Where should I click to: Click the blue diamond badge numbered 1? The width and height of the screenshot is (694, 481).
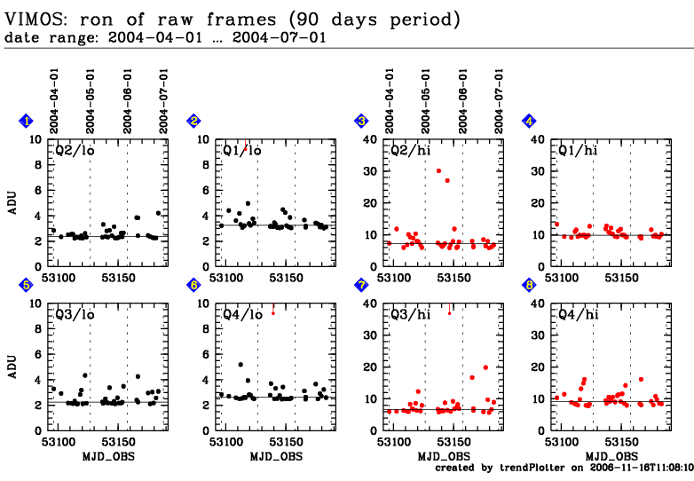point(27,121)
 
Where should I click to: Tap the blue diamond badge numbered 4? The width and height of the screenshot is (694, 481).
point(529,121)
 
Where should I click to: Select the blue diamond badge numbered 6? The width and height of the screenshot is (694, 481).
point(193,285)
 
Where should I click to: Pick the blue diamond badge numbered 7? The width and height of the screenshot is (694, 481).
point(361,285)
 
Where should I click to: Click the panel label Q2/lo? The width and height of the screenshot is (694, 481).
point(75,150)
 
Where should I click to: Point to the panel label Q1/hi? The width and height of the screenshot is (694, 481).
point(577,150)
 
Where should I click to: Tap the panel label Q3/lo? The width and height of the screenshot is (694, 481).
point(75,313)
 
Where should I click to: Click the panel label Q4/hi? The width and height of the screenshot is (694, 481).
point(577,313)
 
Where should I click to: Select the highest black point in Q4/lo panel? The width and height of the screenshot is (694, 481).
point(241,365)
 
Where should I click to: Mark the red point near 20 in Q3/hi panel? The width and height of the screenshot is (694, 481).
point(485,367)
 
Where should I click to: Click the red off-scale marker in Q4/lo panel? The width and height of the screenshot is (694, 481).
point(272,312)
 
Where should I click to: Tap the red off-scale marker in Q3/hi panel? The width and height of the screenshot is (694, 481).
point(450,311)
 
